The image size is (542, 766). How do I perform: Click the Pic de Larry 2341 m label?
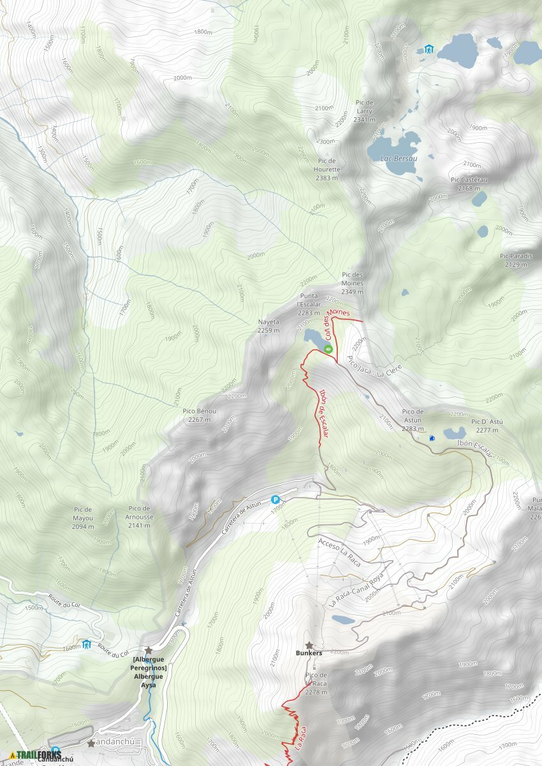365,111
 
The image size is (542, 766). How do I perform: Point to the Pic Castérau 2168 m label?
469,184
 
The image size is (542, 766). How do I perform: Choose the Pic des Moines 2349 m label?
352,287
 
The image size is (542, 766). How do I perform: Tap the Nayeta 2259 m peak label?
268,326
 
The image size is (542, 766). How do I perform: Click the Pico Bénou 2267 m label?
200,416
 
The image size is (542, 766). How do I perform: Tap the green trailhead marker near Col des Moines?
328,349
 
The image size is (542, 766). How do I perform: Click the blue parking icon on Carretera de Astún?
276,500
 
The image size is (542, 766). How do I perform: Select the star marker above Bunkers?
309,645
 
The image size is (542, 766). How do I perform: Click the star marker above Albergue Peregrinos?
149,650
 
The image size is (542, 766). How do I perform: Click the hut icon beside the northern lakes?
428,49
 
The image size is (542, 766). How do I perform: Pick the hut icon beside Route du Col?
87,644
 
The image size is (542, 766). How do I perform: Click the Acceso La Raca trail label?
339,552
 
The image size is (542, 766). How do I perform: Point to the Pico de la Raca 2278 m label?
316,683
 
